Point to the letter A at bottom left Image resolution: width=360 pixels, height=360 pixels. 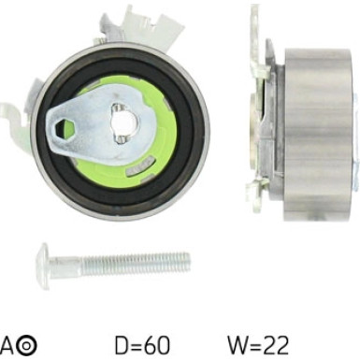point(7,345)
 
